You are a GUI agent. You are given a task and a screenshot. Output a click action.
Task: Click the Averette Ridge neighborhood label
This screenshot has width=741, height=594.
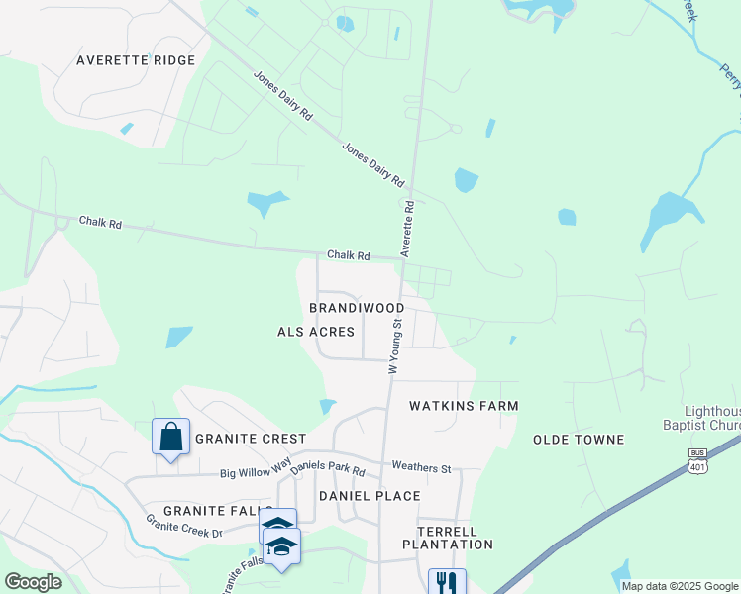137,60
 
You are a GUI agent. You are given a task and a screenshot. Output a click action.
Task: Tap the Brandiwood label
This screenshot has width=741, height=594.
357,308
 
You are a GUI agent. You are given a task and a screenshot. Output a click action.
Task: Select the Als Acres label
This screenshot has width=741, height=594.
315,332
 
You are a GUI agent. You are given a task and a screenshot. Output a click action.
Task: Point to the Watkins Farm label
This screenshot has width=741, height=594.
465,406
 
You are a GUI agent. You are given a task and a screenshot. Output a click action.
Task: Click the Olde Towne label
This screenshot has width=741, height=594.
579,439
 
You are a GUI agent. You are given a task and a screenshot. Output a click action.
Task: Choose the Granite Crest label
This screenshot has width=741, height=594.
251,438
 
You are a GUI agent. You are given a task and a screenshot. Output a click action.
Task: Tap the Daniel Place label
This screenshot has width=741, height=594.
370,495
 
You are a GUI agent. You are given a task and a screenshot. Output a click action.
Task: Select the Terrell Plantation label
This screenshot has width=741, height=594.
448,537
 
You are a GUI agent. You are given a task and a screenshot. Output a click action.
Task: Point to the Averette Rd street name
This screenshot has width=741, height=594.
407,228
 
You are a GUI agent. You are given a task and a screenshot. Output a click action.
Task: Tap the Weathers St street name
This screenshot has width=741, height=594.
421,466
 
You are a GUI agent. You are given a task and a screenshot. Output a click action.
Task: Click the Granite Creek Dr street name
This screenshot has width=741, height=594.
184,526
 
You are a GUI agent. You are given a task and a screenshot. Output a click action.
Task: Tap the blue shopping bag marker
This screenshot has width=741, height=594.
170,437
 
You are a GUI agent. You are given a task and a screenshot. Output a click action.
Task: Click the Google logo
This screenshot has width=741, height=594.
33,582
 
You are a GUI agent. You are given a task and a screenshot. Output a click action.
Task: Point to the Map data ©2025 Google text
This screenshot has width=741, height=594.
679,586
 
